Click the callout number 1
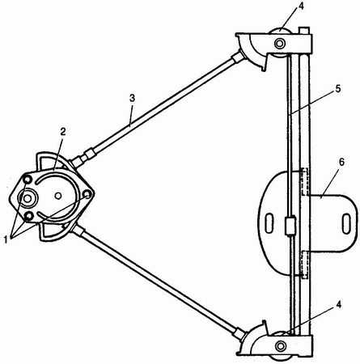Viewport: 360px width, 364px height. (6, 239)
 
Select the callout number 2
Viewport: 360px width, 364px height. (62, 132)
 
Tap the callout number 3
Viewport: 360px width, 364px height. (132, 99)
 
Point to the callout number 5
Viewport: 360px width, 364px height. (338, 89)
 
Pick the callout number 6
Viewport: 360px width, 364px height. (341, 163)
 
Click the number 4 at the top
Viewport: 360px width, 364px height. (301, 6)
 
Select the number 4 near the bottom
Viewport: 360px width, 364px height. (339, 305)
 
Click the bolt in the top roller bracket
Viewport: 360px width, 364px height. (280, 43)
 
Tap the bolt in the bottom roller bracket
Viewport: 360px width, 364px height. (281, 345)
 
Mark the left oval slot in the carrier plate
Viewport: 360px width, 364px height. (269, 223)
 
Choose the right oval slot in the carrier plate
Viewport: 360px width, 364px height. (346, 223)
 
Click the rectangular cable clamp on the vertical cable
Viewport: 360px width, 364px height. (290, 226)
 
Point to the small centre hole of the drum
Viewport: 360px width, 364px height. (58, 196)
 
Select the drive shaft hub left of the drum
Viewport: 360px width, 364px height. (28, 198)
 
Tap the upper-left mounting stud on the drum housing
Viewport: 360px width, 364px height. (28, 179)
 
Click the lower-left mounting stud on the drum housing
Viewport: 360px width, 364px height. (28, 216)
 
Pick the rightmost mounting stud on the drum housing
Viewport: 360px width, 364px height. (87, 193)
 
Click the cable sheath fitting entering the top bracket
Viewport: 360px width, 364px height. (238, 57)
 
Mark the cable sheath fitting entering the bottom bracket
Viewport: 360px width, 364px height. (239, 333)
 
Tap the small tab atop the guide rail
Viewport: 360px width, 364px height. (303, 30)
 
